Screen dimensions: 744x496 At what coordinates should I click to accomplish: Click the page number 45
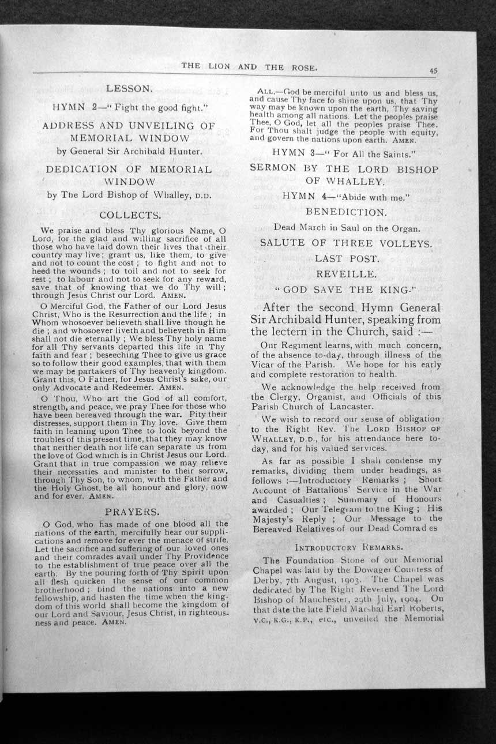433,70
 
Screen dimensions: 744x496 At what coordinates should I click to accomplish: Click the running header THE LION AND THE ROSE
249,66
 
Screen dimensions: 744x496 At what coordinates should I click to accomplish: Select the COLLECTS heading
130,215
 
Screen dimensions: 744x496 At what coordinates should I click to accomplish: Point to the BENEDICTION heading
346,212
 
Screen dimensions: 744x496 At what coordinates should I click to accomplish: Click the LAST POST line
347,258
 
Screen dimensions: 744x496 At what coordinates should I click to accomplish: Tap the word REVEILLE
346,274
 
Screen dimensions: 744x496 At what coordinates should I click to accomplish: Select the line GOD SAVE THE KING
346,290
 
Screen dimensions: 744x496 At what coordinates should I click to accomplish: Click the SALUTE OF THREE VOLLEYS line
346,243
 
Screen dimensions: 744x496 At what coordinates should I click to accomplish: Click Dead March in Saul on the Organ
346,227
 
